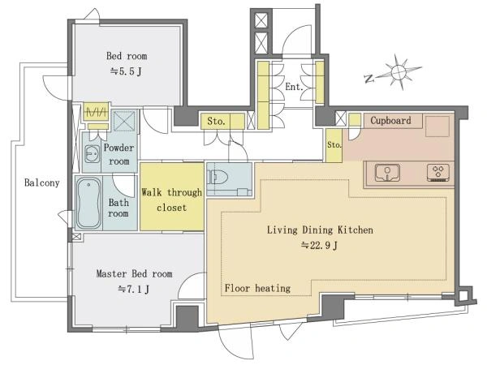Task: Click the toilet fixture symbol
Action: [218, 178]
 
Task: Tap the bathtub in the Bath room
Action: [88, 203]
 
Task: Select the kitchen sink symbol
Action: [387, 173]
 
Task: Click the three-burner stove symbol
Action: [438, 173]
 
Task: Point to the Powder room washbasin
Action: [92, 154]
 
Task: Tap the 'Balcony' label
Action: [42, 182]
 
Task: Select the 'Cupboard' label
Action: [390, 120]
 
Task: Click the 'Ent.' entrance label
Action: [294, 87]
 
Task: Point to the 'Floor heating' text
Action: [257, 288]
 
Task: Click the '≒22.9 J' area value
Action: [319, 246]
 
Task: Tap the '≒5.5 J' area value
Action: [126, 71]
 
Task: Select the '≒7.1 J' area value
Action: [134, 290]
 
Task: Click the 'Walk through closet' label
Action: [172, 200]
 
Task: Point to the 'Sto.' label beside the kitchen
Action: [334, 144]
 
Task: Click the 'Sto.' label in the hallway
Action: [216, 121]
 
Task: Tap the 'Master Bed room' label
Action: [134, 274]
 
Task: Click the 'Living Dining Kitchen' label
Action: [321, 230]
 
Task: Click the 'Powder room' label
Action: [119, 154]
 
